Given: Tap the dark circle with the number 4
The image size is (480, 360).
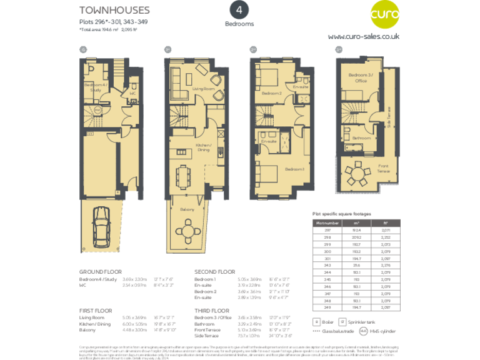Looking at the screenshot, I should [239, 10].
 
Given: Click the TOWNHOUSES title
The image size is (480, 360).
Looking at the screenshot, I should [114, 10].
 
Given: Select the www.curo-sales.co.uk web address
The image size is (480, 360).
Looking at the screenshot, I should [363, 37].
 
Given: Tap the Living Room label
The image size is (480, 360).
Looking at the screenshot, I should [203, 89].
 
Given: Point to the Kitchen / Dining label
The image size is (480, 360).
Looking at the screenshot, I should [204, 147].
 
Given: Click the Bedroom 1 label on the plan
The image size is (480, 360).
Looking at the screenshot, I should [294, 169].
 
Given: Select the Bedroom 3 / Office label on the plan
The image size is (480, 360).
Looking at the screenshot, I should [361, 77].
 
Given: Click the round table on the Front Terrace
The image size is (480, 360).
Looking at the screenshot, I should [358, 173].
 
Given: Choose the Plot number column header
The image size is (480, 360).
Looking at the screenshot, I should [327, 222].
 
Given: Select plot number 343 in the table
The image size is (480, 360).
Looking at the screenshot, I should [327, 265].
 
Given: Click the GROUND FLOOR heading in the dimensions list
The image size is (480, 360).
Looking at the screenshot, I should [101, 272].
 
